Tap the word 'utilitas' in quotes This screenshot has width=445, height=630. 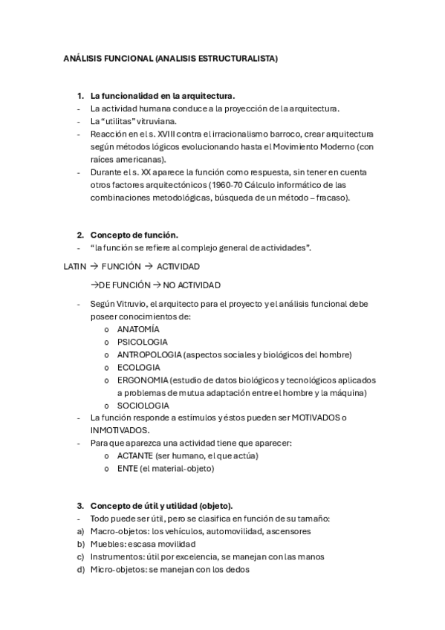coord(118,121)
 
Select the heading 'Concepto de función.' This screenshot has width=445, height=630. coord(134,235)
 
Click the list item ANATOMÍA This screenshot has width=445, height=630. coord(138,329)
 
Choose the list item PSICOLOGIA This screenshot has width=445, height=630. coord(142,342)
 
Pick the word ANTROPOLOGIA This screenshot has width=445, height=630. coord(149,354)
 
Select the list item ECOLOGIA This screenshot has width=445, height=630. coord(138,367)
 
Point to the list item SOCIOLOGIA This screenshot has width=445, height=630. coord(143,406)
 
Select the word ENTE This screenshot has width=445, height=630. coord(127,469)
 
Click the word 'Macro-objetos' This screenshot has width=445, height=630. coord(117,531)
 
